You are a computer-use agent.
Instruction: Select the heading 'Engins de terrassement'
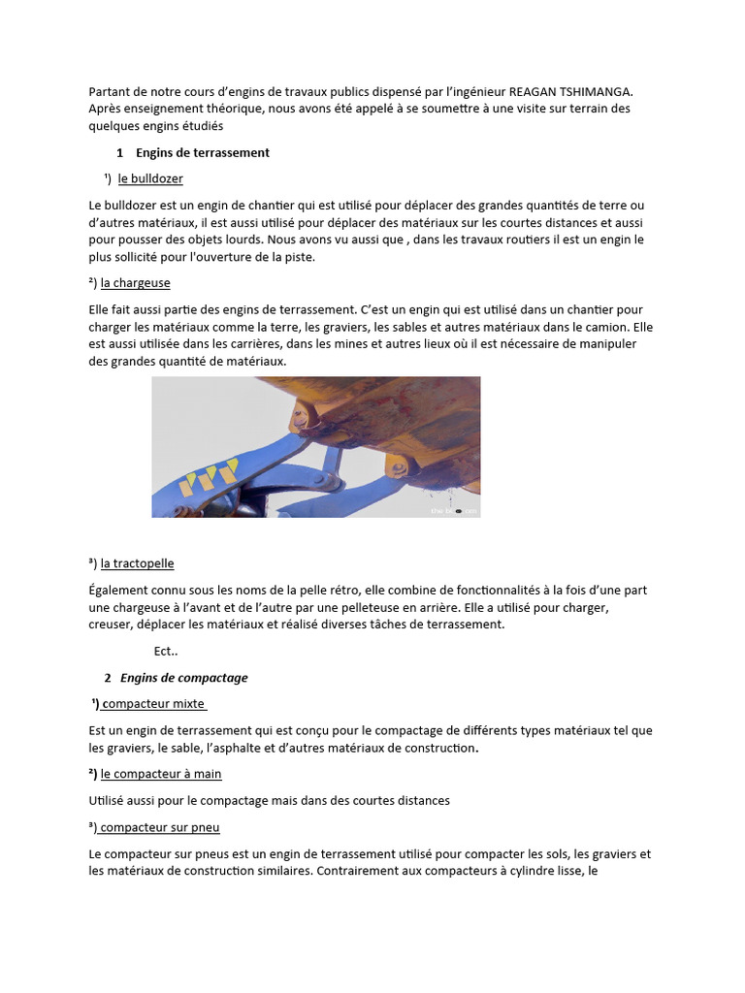[x=202, y=152]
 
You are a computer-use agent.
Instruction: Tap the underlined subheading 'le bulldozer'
[x=150, y=178]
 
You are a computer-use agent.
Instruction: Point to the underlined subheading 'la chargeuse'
[x=136, y=282]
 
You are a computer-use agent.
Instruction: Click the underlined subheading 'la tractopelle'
[x=137, y=562]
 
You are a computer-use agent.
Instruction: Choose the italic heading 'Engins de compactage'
[x=183, y=677]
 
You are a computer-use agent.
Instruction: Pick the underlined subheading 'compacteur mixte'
[x=153, y=703]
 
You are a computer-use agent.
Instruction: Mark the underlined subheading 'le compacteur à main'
[x=161, y=773]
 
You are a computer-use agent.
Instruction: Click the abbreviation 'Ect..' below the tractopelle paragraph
[x=166, y=651]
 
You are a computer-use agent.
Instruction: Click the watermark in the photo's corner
[x=454, y=510]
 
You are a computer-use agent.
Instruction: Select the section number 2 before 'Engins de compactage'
[x=108, y=677]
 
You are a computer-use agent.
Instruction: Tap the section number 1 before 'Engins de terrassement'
[x=119, y=152]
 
